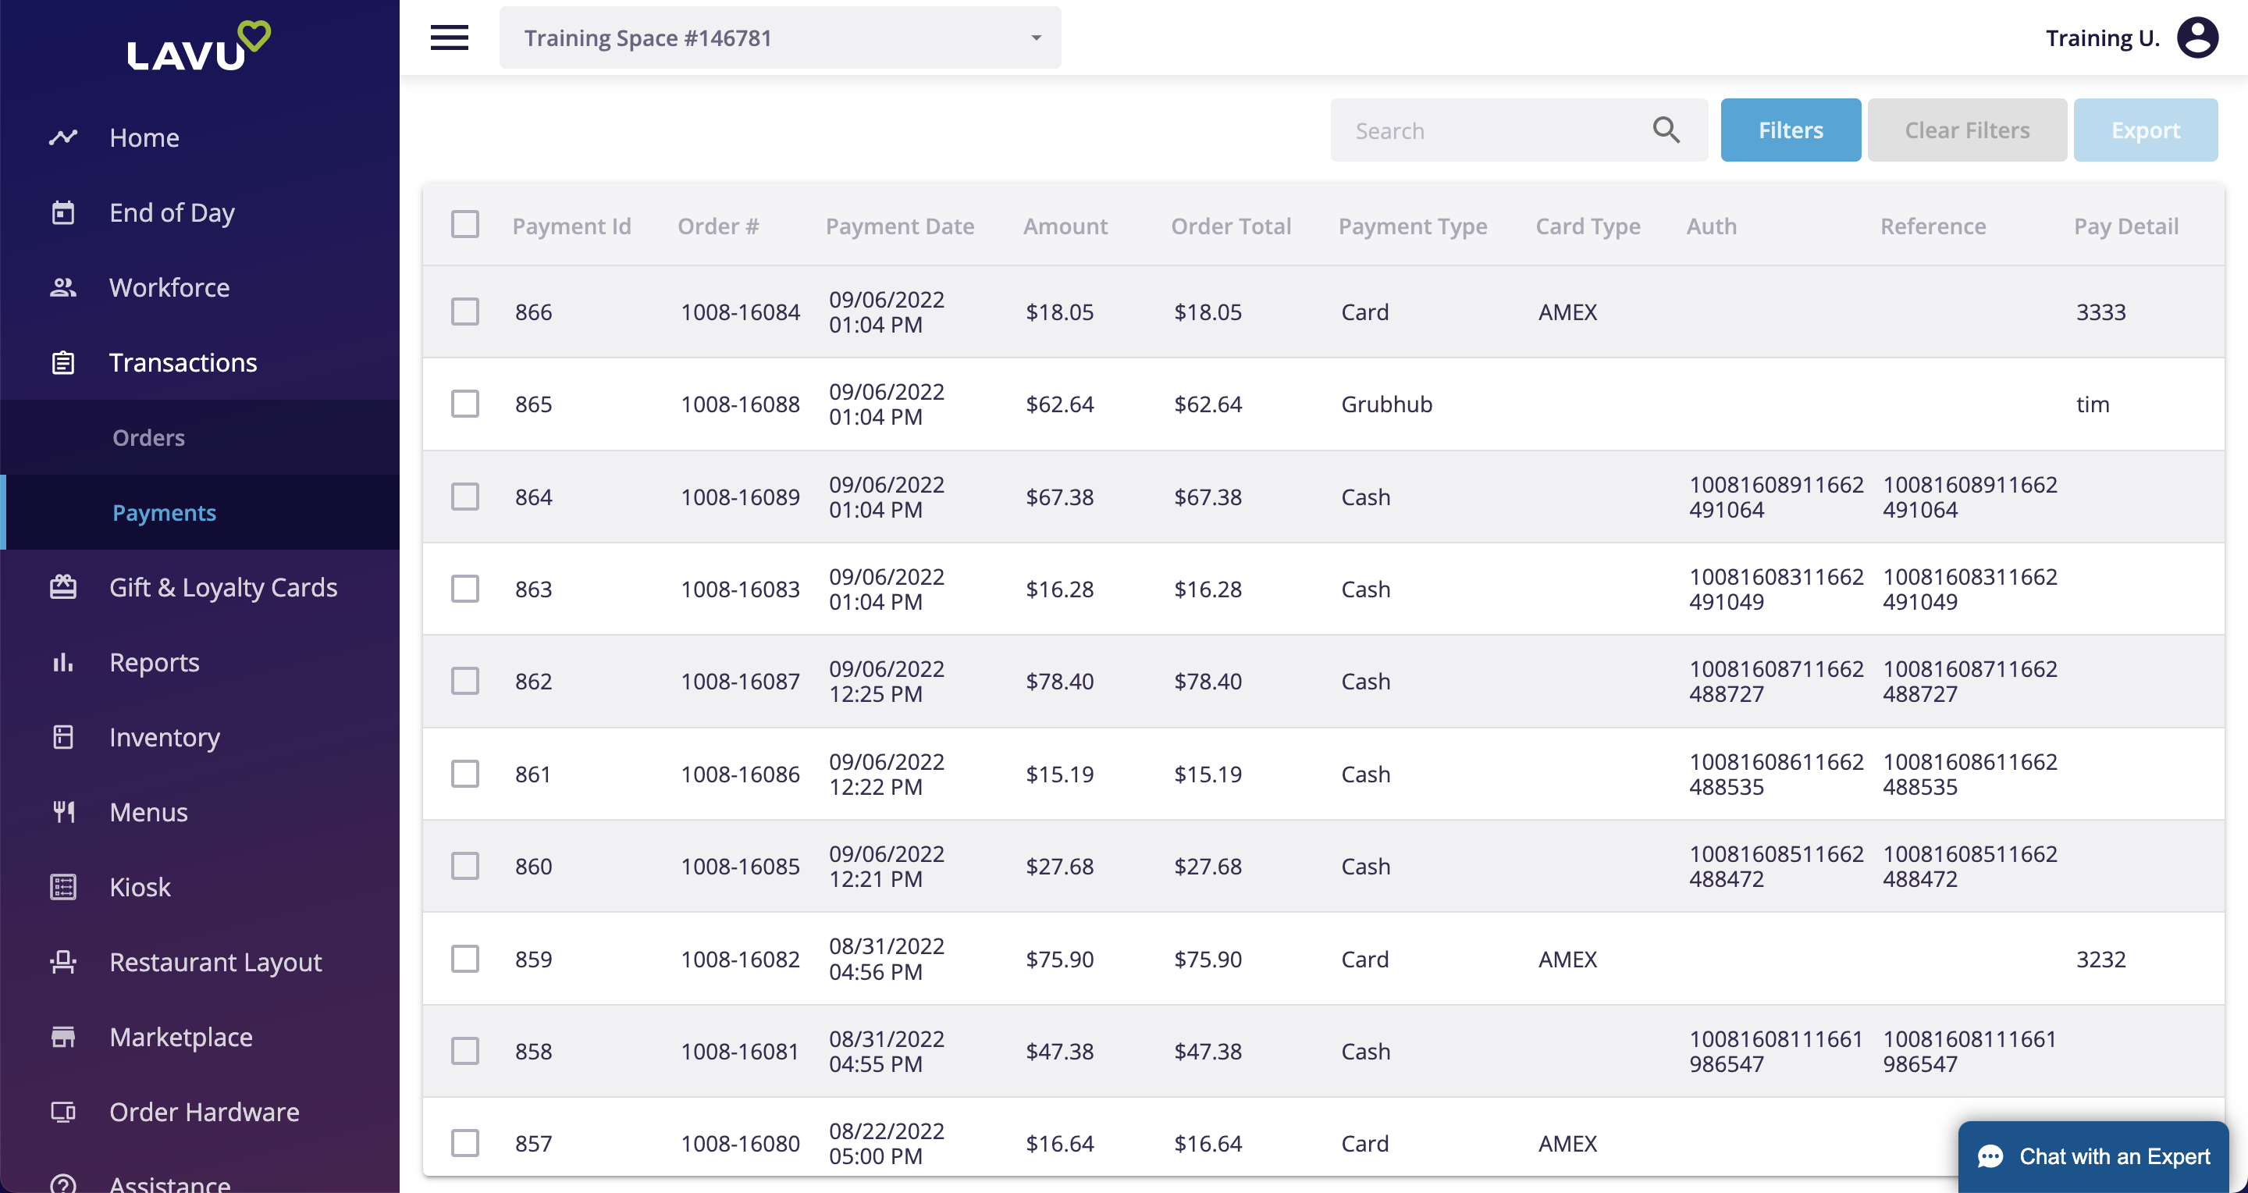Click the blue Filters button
[x=1790, y=130]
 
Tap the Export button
[x=2145, y=130]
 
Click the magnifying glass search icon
[x=1666, y=130]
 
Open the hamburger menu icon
[x=450, y=37]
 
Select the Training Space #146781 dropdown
[x=779, y=37]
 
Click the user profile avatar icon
[x=2197, y=37]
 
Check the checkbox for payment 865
[x=465, y=404]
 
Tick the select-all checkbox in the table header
[x=465, y=224]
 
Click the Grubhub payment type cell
[x=1387, y=404]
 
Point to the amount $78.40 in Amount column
[x=1059, y=682]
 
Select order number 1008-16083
[x=740, y=589]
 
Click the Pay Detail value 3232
[x=2100, y=959]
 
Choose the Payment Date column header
[x=900, y=226]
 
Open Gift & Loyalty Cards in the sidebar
[x=222, y=587]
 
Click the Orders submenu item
[x=148, y=437]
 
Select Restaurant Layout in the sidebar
[x=215, y=962]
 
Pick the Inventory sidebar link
[x=164, y=738]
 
